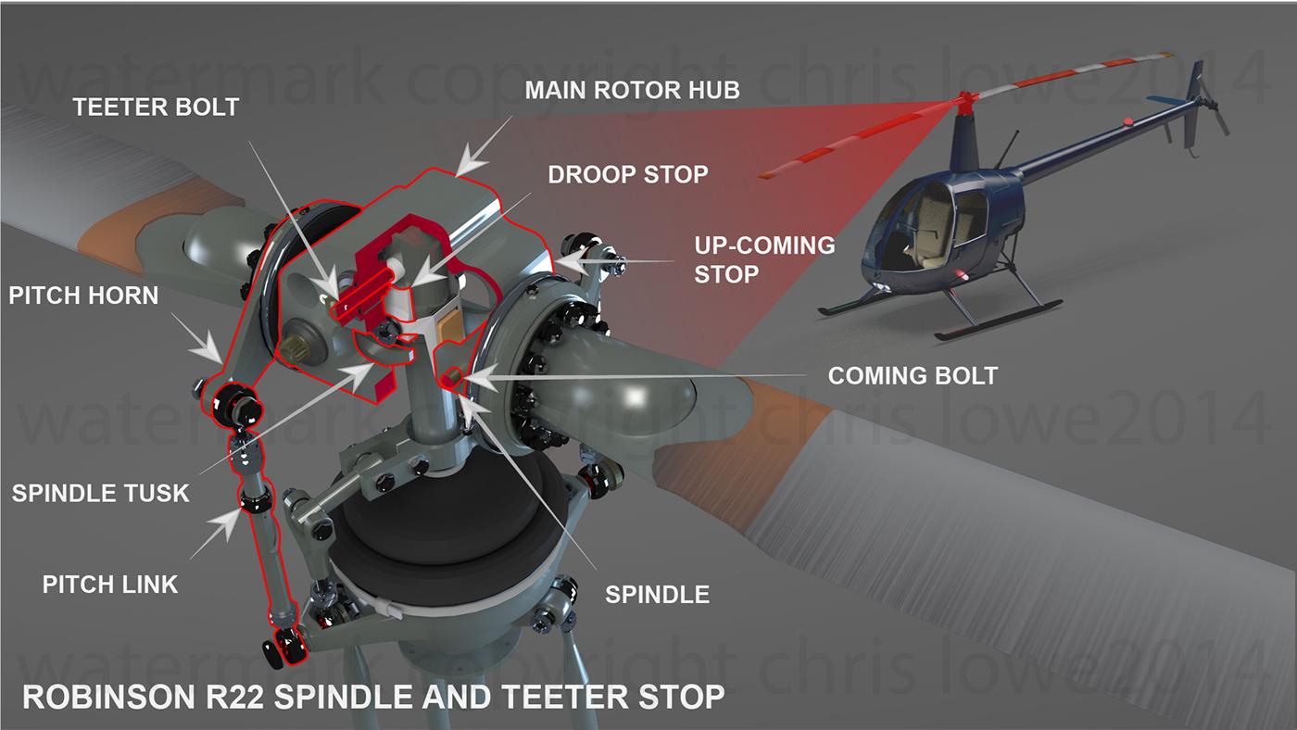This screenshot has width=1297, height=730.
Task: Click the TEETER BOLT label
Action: pyautogui.click(x=157, y=107)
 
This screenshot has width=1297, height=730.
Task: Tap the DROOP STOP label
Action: pyautogui.click(x=628, y=173)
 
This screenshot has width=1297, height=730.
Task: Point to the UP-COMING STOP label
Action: pyautogui.click(x=764, y=259)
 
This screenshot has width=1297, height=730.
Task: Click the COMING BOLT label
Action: pyautogui.click(x=912, y=375)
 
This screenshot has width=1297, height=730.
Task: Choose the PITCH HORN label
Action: pyautogui.click(x=83, y=296)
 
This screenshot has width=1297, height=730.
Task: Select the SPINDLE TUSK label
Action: pyautogui.click(x=101, y=492)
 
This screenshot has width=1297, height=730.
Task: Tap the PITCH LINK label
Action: pyautogui.click(x=110, y=584)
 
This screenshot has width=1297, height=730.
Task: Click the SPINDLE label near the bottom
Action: pyautogui.click(x=657, y=594)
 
